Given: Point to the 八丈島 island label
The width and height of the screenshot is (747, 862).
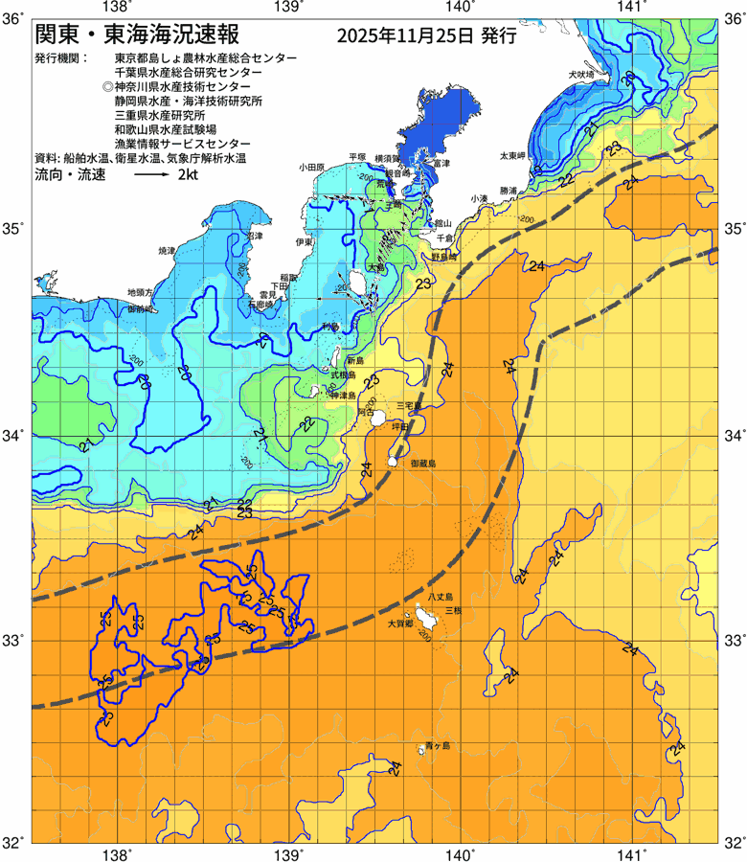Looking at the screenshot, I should click(x=451, y=597).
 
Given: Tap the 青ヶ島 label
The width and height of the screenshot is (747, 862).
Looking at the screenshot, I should click(x=437, y=745).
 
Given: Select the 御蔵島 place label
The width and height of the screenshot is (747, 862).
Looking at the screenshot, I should click(x=422, y=463).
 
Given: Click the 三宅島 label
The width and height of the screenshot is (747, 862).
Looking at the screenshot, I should click(x=422, y=405).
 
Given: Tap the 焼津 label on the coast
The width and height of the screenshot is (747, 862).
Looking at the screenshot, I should click(x=168, y=251).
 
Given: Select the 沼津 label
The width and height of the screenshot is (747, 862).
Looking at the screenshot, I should click(x=254, y=236).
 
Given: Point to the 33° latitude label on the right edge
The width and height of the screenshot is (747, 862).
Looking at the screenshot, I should click(x=733, y=639).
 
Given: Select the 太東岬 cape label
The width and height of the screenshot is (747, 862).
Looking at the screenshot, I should click(x=511, y=155).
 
